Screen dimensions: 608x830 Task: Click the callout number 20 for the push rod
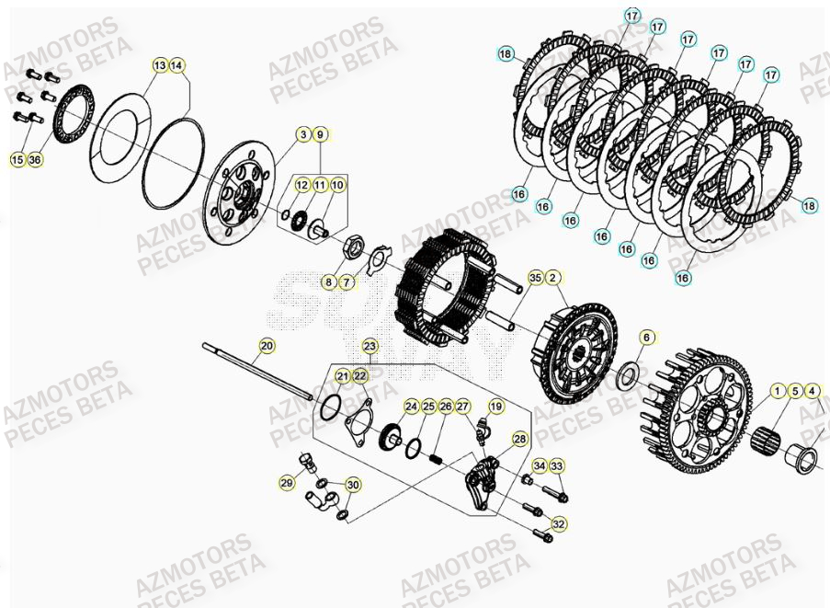[266, 346]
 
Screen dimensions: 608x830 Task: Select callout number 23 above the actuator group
[370, 346]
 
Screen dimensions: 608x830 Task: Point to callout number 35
[535, 277]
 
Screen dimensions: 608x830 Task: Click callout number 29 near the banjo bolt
[287, 482]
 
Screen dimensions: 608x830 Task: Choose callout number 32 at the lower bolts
[557, 523]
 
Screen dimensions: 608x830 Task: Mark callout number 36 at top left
[35, 160]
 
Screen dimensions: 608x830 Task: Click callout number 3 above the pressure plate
[302, 135]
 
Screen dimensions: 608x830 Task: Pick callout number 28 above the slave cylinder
[519, 439]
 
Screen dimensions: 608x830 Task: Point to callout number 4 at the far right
[813, 390]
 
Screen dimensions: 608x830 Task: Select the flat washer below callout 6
[629, 374]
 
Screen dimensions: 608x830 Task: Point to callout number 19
[495, 406]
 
